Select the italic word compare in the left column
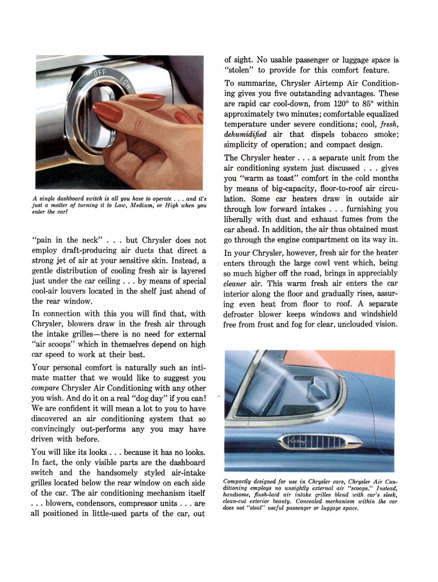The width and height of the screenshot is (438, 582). pos(46,388)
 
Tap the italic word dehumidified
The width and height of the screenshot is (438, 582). pos(245,134)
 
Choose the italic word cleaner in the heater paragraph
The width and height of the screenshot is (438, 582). pos(235,284)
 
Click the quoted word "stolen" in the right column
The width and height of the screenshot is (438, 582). pos(239,70)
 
